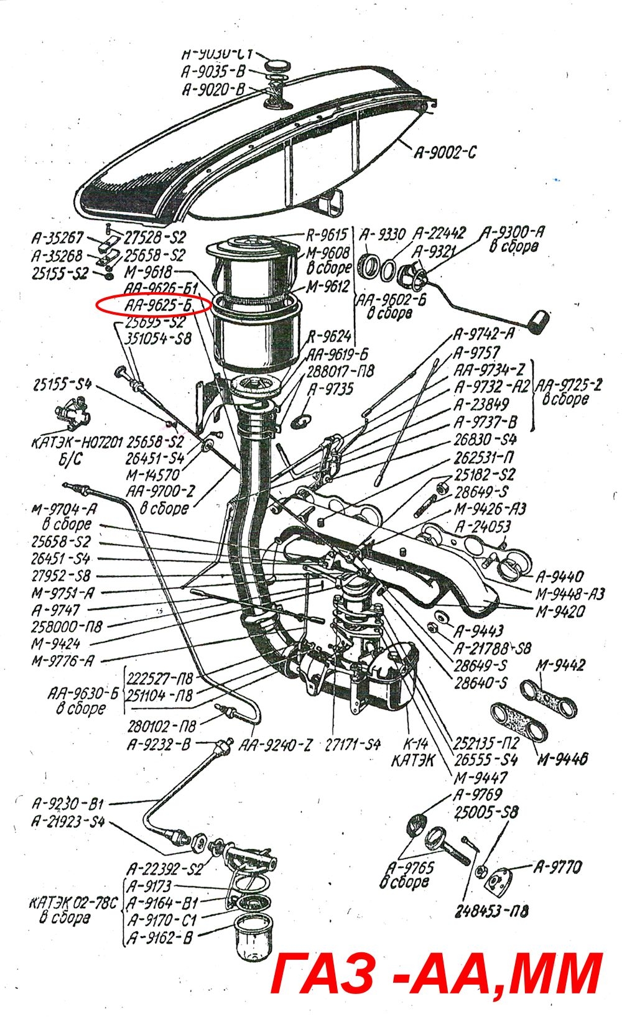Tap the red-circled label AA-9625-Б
tap(160, 306)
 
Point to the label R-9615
tap(327, 235)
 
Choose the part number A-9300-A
tap(514, 232)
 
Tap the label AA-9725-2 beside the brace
tap(569, 385)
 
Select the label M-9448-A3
tap(570, 594)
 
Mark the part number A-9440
tap(560, 576)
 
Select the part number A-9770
tap(557, 867)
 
